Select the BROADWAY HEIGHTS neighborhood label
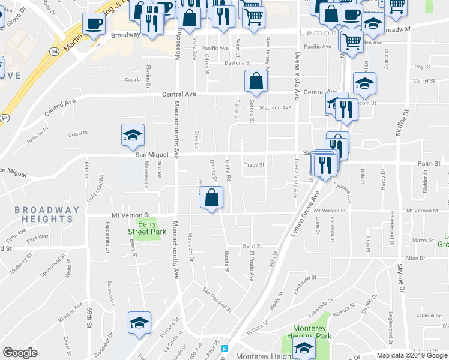pyautogui.click(x=47, y=214)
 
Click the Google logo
pyautogui.click(x=20, y=353)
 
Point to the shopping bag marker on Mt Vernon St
pyautogui.click(x=211, y=198)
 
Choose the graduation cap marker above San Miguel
pyautogui.click(x=133, y=135)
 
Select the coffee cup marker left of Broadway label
pyautogui.click(x=93, y=25)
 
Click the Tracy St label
pyautogui.click(x=253, y=166)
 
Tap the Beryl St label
pyautogui.click(x=252, y=246)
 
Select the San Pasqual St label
pyautogui.click(x=217, y=299)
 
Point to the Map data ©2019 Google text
pyautogui.click(x=412, y=355)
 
